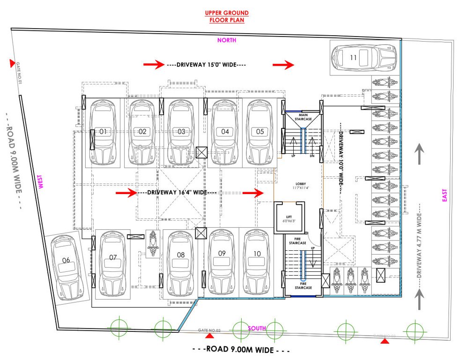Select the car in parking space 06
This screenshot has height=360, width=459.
click(x=67, y=266)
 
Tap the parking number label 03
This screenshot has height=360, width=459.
click(x=182, y=132)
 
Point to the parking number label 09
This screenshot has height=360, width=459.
click(x=222, y=253)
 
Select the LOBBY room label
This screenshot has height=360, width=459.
click(x=300, y=184)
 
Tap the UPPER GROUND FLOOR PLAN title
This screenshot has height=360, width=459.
click(x=226, y=16)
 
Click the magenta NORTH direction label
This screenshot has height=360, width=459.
click(x=227, y=40)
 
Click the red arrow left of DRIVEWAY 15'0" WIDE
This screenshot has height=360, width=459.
click(x=153, y=65)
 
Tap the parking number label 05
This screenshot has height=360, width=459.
click(x=260, y=132)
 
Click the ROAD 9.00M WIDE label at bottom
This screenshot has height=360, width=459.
click(x=241, y=350)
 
